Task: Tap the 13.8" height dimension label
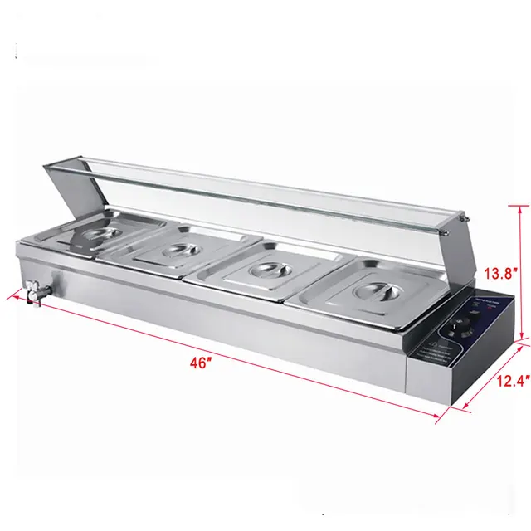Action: click(x=503, y=271)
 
